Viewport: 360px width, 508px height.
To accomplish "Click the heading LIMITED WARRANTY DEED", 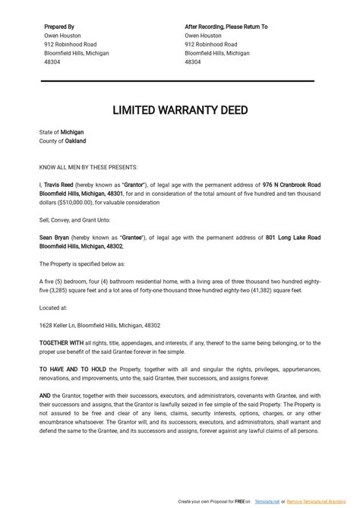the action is point(180,110).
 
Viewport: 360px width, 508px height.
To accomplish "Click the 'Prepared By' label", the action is point(60,27).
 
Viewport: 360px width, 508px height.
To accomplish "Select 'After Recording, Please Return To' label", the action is point(226,27).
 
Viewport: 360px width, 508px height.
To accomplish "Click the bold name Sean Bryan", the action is point(55,238).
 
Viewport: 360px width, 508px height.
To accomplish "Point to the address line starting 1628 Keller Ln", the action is point(99,325).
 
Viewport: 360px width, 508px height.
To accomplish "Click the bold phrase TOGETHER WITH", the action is point(62,343).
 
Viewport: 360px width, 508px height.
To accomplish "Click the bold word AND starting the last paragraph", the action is point(45,396).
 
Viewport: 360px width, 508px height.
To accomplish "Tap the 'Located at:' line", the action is point(53,308).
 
